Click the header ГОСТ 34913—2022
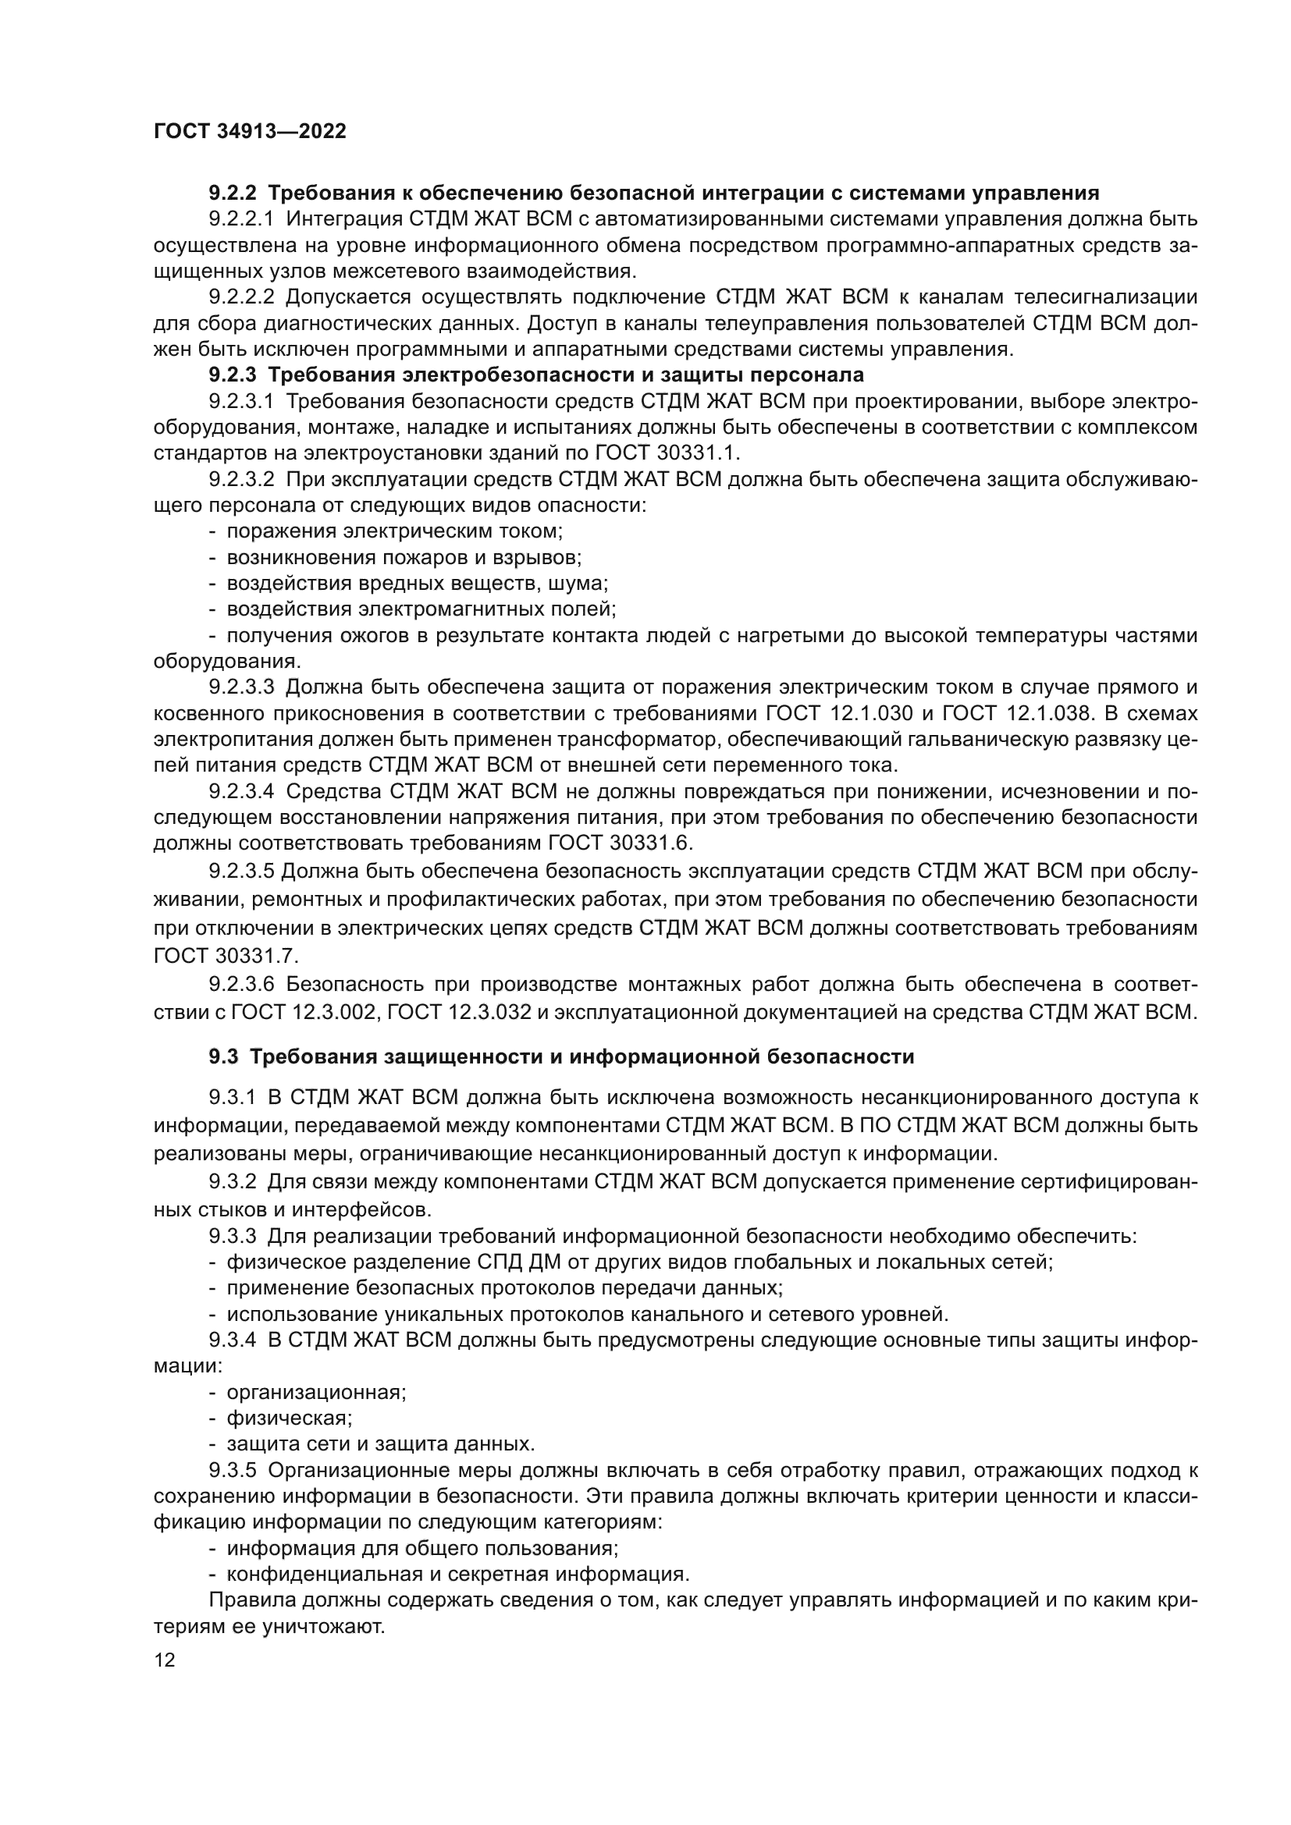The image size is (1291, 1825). point(250,131)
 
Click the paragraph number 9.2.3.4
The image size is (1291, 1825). point(241,792)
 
